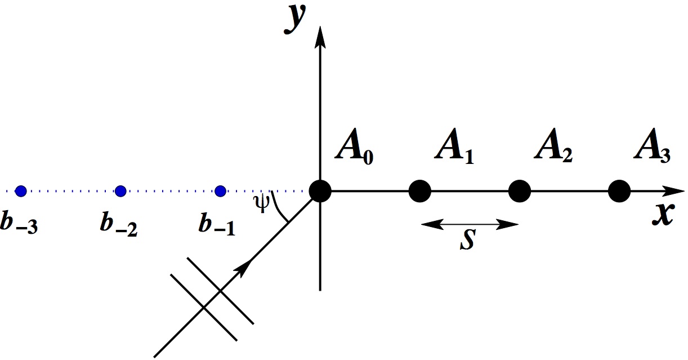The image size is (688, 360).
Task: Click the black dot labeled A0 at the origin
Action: coord(320,191)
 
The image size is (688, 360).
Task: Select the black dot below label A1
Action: coord(419,191)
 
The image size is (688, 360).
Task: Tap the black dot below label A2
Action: coord(519,191)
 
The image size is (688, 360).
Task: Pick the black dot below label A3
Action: coord(619,191)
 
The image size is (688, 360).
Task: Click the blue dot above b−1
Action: coord(220,191)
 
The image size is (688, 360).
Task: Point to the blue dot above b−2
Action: coord(120,191)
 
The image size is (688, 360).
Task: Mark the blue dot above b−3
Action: coord(21,191)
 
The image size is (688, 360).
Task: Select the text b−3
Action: coord(20,224)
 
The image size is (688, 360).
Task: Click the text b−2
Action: coord(119,224)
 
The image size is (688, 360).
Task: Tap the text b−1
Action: coord(217,224)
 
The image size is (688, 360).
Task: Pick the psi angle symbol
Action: coord(261,203)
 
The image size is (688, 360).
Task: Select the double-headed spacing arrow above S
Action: coord(469,224)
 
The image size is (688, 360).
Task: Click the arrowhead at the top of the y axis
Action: coord(320,37)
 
